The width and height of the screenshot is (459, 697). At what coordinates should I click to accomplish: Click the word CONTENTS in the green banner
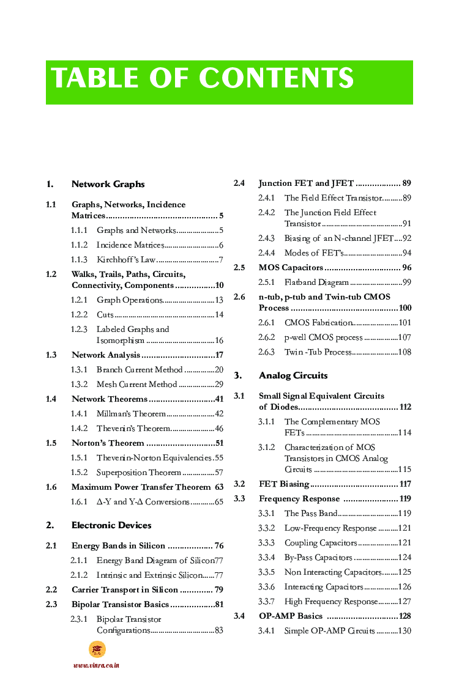276,79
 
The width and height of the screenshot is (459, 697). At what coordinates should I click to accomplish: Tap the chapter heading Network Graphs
108,184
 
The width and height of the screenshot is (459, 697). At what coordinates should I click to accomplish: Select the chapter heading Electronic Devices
111,525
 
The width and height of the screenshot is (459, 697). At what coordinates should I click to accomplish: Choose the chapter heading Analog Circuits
293,375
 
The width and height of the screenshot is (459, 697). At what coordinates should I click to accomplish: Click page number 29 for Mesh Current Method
218,385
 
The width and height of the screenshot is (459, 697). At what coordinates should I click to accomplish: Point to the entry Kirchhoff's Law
122,260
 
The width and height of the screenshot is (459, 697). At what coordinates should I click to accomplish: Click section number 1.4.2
79,429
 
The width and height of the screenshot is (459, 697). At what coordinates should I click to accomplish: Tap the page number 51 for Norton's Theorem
218,443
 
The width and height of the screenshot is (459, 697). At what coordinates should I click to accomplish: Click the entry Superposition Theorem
139,473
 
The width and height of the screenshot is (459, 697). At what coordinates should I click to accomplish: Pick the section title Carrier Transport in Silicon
125,590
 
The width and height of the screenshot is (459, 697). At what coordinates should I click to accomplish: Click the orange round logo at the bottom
97,649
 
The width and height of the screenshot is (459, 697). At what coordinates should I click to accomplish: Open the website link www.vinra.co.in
96,665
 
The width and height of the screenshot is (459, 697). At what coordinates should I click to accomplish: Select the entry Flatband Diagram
316,282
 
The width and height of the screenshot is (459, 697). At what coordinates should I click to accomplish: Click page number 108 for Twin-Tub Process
405,352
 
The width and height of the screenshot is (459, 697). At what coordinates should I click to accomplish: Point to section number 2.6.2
266,337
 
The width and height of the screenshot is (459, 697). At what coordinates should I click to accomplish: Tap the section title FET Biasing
283,484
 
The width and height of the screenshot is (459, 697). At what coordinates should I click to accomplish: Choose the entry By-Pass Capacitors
318,558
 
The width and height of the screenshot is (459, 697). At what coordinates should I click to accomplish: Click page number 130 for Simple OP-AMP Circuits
405,631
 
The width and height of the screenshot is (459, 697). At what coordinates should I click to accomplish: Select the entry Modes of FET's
314,253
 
